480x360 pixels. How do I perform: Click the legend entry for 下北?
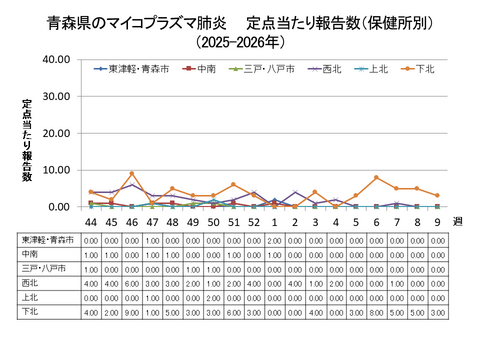tap(422, 69)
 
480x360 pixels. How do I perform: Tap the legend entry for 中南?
tap(203, 69)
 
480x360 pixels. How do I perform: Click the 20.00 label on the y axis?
tap(55, 133)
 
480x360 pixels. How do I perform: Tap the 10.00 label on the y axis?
tap(55, 170)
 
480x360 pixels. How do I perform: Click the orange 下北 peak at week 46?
tap(131, 174)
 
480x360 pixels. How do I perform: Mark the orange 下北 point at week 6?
tap(376, 178)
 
